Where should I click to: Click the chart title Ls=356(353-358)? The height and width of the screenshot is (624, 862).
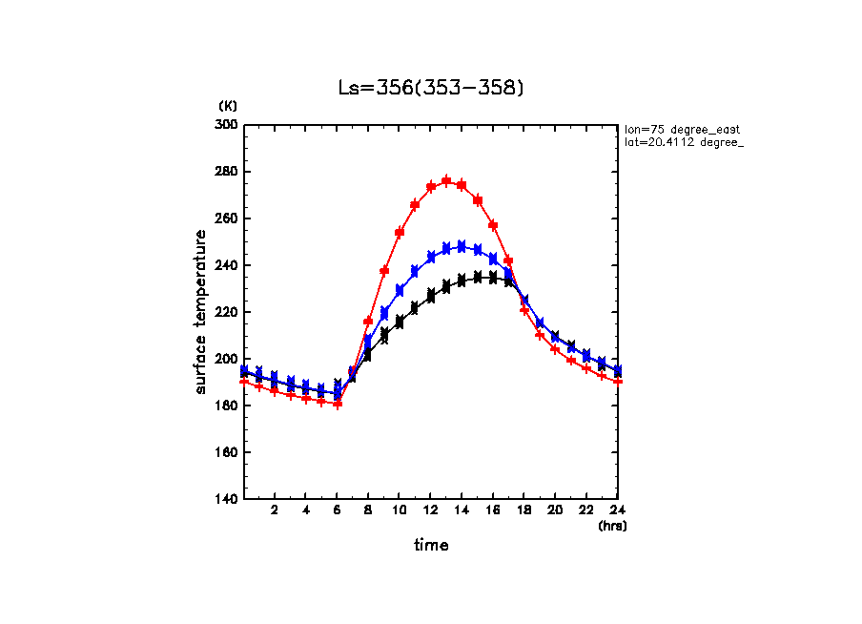[431, 88]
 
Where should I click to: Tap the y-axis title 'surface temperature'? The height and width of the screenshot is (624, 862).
[201, 311]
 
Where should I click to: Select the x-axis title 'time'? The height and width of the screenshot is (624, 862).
[431, 546]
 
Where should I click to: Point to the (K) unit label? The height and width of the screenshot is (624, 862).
[228, 105]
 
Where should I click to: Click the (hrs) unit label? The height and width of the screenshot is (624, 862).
[612, 526]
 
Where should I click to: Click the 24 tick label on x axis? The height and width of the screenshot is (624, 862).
[617, 511]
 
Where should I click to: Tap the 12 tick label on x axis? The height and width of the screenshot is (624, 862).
[431, 511]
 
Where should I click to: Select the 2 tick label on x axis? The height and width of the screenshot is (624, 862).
[275, 511]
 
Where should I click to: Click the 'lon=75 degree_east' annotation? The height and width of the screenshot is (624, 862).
[682, 129]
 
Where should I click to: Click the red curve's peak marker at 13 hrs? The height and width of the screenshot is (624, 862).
[446, 180]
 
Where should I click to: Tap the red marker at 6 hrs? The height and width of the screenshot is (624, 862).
[337, 404]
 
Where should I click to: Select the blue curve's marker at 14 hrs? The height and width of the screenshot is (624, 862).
[462, 246]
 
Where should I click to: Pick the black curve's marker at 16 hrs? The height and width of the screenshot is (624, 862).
[493, 277]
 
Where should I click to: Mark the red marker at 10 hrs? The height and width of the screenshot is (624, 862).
[400, 232]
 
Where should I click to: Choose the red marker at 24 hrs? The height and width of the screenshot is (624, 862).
[618, 381]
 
